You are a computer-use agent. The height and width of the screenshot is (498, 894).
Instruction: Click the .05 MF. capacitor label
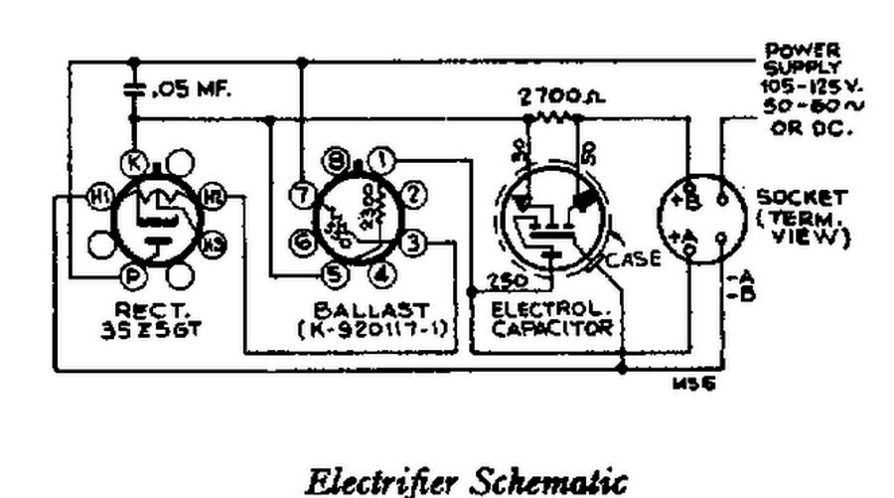191,90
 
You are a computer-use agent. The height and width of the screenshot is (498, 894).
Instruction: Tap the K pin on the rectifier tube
134,161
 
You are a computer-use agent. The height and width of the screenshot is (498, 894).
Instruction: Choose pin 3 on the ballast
416,241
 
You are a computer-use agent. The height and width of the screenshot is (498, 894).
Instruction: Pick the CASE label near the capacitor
634,259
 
